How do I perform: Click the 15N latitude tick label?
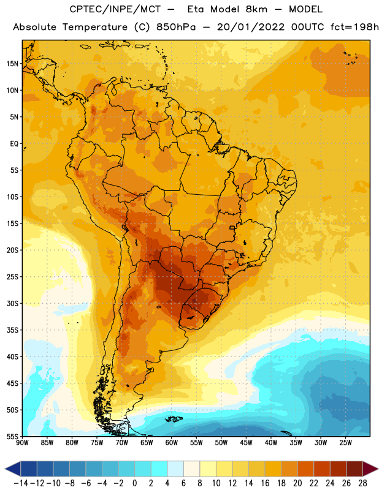12,64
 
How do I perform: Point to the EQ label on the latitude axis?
14,144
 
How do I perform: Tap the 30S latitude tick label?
12,303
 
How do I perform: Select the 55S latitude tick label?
12,436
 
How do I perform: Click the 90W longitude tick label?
22,443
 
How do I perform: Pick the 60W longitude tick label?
172,443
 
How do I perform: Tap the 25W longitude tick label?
345,443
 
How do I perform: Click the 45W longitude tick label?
246,443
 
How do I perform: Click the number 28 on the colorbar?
362,483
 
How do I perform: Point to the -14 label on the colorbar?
21,483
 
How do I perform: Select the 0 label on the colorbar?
134,483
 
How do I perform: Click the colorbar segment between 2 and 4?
159,469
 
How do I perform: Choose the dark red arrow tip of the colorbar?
370,469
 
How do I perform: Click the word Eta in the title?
195,9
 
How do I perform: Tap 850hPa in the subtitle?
176,27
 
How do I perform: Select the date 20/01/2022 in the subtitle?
251,27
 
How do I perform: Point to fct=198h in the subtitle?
354,27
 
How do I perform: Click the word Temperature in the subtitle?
95,28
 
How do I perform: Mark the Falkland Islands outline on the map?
174,419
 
